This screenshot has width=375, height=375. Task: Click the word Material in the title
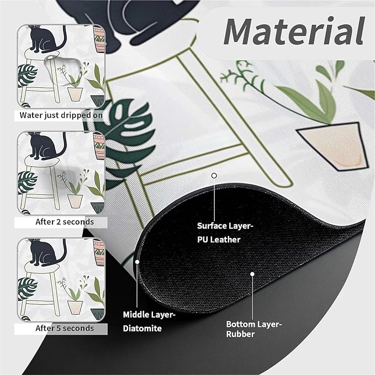pyautogui.click(x=294, y=31)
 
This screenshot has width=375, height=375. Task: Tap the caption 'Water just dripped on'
pyautogui.click(x=61, y=115)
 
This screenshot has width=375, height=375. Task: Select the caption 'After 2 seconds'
pyautogui.click(x=65, y=222)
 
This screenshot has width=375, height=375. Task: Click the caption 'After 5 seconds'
pyautogui.click(x=65, y=328)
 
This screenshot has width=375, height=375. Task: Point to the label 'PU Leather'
pyautogui.click(x=219, y=240)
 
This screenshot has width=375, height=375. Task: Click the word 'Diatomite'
pyautogui.click(x=142, y=329)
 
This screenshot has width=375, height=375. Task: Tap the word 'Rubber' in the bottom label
pyautogui.click(x=240, y=334)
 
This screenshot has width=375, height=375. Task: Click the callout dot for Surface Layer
pyautogui.click(x=214, y=176)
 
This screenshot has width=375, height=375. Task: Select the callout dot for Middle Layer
pyautogui.click(x=137, y=262)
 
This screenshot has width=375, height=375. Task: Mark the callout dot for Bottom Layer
pyautogui.click(x=252, y=274)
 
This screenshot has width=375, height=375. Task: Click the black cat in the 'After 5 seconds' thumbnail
pyautogui.click(x=46, y=252)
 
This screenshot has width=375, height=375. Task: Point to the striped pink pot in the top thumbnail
pyautogui.click(x=99, y=39)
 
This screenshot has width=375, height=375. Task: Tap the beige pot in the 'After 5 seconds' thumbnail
pyautogui.click(x=75, y=307)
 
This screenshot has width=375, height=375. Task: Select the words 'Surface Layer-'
pyautogui.click(x=225, y=226)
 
